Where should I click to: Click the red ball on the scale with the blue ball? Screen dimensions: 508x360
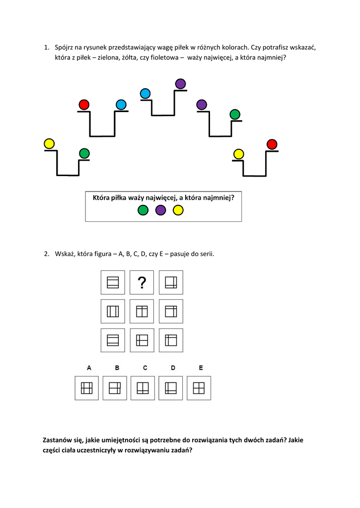(84, 105)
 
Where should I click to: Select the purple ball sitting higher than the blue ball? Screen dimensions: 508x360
(180, 83)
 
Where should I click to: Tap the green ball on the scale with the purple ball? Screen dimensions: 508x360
(235, 115)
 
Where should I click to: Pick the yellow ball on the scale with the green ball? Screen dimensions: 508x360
(49, 144)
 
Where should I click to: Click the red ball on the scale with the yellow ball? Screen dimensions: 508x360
(272, 144)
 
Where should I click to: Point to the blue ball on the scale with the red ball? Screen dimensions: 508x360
(121, 105)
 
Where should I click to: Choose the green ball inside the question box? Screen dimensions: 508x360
(143, 210)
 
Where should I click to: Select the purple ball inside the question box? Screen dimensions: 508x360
(160, 210)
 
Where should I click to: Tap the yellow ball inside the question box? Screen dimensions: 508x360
(178, 210)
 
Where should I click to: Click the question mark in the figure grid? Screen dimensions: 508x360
(142, 283)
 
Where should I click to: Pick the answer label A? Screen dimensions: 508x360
(89, 368)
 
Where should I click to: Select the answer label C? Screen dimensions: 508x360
(145, 368)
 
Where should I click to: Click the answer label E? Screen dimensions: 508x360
(201, 368)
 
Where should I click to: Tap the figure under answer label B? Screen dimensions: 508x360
(115, 388)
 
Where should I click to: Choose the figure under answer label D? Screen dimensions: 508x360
(171, 388)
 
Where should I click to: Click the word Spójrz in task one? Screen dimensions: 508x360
(65, 48)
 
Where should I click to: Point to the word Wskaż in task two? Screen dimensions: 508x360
(65, 254)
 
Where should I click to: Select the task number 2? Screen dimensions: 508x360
(46, 254)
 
